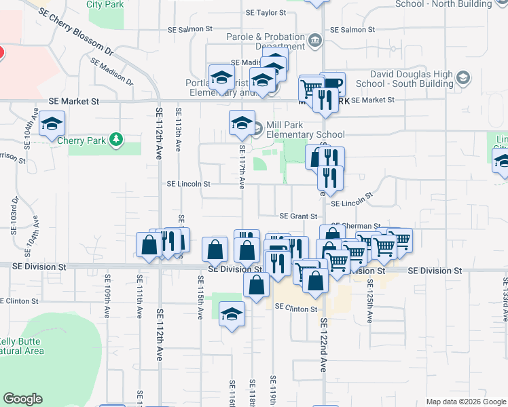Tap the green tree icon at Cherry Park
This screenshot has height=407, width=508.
117,139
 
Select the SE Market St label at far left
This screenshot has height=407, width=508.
73,100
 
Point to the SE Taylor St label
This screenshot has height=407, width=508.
266,12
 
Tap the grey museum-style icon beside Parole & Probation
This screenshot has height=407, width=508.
314,40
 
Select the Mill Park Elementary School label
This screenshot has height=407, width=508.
305,130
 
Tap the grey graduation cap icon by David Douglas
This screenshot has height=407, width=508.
462,77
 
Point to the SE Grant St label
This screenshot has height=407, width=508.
300,216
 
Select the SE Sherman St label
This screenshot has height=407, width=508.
355,226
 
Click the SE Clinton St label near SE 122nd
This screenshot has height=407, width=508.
295,309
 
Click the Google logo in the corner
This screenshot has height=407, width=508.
23,398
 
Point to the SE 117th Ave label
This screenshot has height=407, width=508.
241,166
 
